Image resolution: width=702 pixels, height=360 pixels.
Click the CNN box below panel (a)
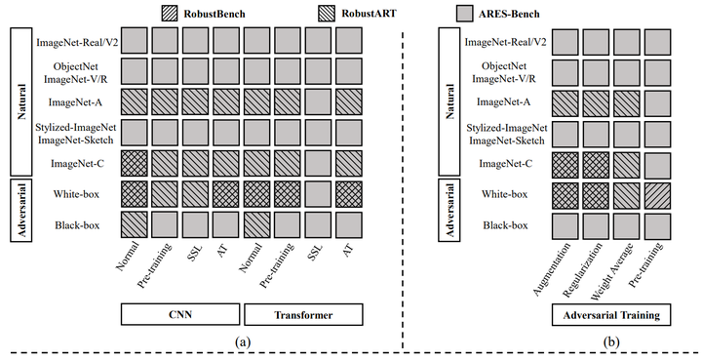tap(180, 314)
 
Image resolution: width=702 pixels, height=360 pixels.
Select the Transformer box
tap(303, 314)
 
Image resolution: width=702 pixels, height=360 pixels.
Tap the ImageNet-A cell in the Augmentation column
tap(565, 102)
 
